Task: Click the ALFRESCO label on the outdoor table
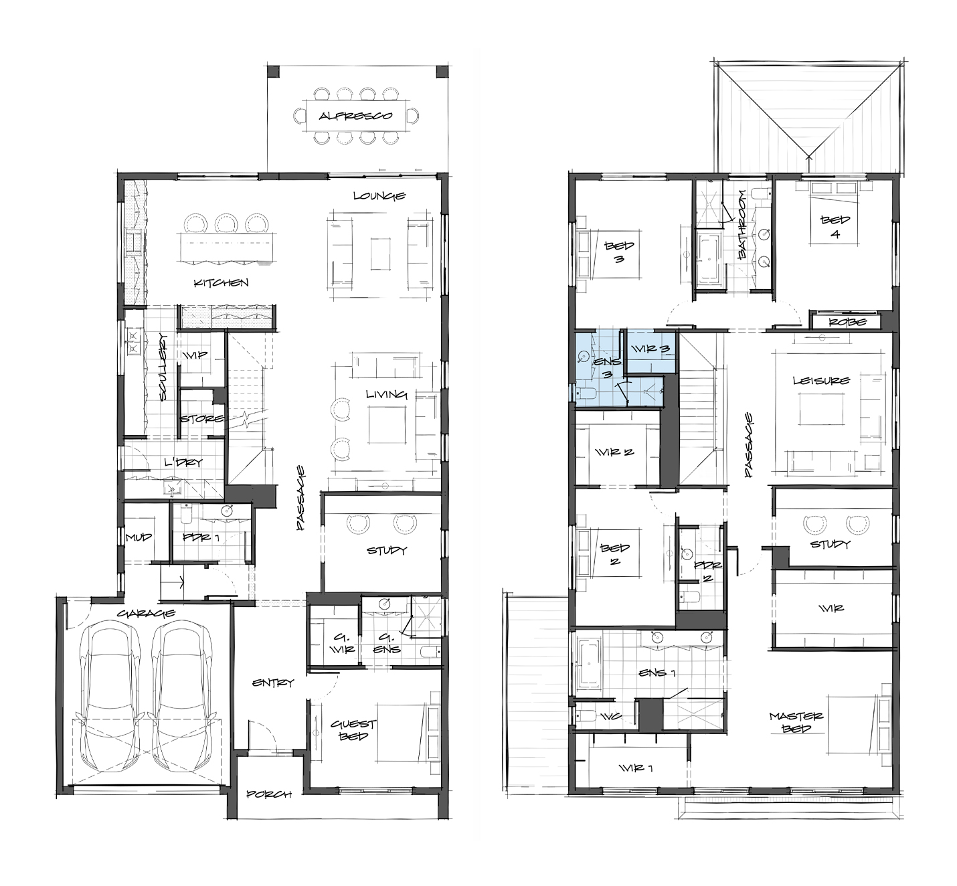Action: click(355, 116)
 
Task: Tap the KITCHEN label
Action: click(221, 282)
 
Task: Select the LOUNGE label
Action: click(379, 195)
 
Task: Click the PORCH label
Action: click(269, 794)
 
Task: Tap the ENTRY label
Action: click(273, 683)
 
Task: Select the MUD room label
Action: click(139, 537)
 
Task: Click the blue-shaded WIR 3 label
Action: click(650, 349)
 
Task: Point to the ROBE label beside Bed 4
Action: click(848, 322)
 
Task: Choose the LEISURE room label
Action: click(821, 380)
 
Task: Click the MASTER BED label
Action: click(796, 723)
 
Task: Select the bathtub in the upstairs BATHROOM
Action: click(708, 256)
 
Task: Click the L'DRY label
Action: click(183, 462)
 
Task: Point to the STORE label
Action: click(201, 418)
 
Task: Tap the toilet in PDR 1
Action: click(186, 515)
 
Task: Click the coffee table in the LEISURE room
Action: click(821, 410)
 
